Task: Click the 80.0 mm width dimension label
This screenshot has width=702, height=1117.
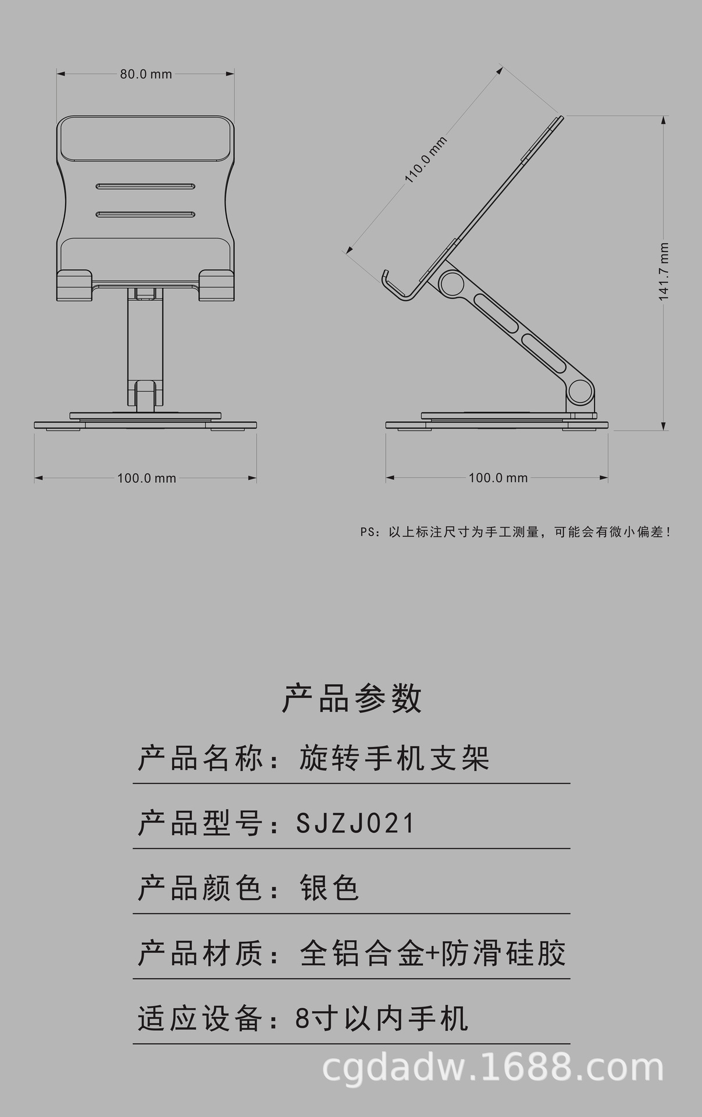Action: point(146,74)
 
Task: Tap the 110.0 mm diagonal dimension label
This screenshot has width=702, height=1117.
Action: point(426,160)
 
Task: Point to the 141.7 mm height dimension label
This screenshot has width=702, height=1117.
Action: point(664,272)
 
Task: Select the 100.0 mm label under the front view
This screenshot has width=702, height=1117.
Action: point(147,478)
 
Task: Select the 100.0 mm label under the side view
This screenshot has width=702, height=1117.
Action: point(498,478)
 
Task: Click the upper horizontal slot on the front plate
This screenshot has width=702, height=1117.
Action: point(146,187)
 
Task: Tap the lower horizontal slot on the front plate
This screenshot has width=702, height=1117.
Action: point(146,215)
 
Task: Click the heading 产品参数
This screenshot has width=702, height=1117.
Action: point(351,698)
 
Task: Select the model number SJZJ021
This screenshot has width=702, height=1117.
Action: point(356,823)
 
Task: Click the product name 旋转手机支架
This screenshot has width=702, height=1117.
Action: point(394,758)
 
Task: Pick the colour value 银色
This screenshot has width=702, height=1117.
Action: point(329,888)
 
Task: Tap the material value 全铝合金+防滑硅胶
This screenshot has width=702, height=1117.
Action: point(433,954)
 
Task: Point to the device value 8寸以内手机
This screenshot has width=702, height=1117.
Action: point(382,1019)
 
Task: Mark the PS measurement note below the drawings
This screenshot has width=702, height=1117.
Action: point(515,532)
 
